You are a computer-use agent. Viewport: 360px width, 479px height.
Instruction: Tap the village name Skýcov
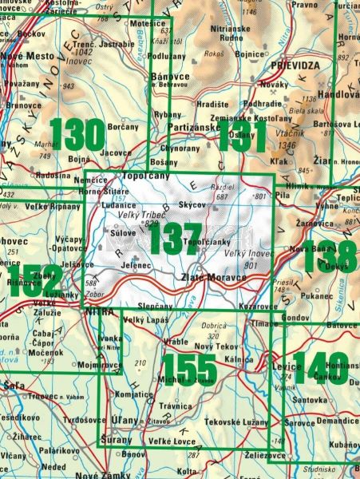(194, 206)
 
